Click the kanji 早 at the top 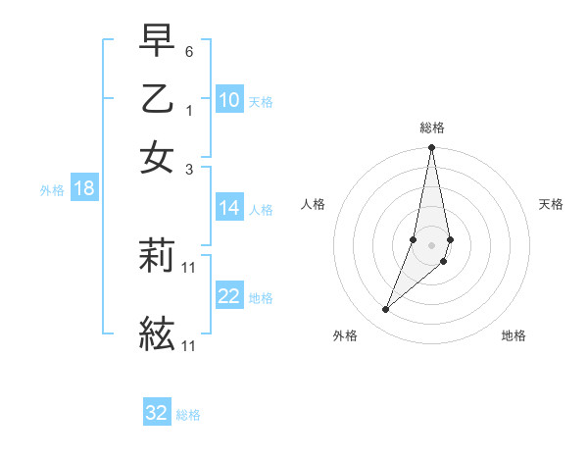pos(157,41)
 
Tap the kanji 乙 pos(157,99)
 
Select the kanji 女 pos(157,157)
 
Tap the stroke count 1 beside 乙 pos(189,110)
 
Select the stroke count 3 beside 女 pos(189,168)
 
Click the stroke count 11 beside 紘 pos(189,346)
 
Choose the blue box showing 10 pos(229,100)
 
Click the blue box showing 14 pos(229,208)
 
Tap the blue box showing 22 pos(229,296)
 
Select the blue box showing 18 pos(84,188)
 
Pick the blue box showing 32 pos(157,413)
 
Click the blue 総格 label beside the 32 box pos(189,415)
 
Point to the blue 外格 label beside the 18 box pos(52,190)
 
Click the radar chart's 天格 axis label pos(551,204)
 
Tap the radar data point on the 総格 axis pos(431,148)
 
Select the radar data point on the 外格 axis pos(385,310)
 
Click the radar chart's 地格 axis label pos(514,335)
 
